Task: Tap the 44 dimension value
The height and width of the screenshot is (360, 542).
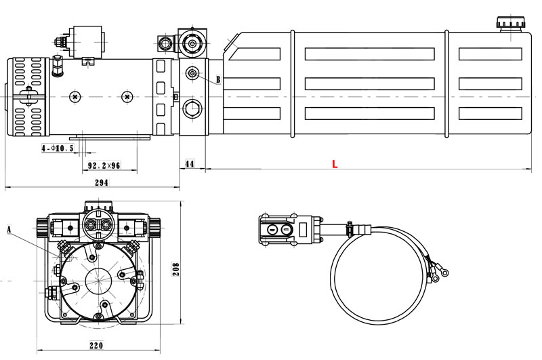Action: click(x=190, y=164)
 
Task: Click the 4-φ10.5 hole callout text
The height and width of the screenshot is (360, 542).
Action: click(x=57, y=148)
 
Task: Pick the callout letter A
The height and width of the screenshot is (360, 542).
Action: click(x=9, y=228)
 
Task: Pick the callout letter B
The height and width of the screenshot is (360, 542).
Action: click(x=218, y=79)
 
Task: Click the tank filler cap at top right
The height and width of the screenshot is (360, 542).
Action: click(x=509, y=24)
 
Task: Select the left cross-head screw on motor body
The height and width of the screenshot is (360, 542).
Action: click(x=73, y=97)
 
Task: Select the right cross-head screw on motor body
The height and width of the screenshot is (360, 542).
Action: click(x=126, y=97)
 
